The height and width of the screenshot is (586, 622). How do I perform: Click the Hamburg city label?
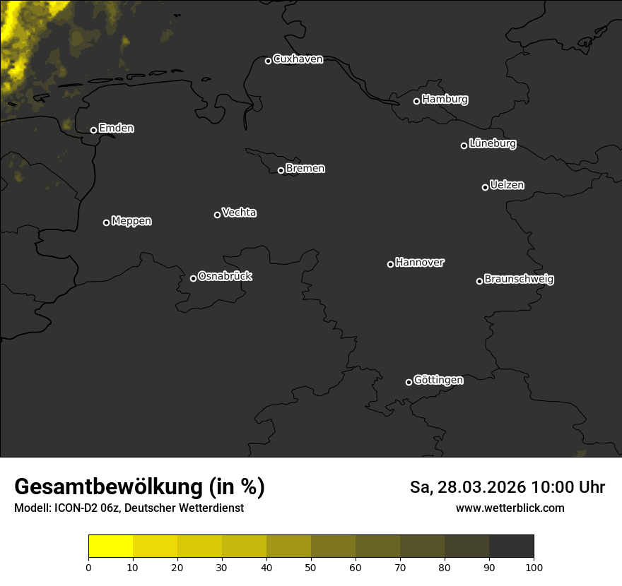pos(445,100)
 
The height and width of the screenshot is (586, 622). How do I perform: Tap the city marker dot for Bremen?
pos(281,170)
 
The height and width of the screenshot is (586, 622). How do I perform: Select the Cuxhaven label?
pos(298,59)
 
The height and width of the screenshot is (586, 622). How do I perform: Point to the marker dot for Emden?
pos(93,130)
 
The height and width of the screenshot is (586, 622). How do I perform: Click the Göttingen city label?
pos(438,381)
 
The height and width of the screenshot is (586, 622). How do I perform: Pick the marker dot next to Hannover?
pos(390,264)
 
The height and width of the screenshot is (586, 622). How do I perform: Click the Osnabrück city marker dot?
pos(193,278)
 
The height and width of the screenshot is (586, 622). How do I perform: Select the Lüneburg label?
pos(492,144)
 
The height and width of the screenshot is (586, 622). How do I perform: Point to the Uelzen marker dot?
pos(485,187)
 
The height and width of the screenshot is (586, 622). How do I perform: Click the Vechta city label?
pos(239,213)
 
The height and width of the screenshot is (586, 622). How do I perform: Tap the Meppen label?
pos(131,221)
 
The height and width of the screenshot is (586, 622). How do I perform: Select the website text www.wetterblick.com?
pos(510,508)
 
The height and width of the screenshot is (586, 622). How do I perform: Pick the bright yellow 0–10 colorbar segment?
pos(111,546)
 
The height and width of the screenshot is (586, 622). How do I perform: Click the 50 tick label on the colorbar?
pos(311,567)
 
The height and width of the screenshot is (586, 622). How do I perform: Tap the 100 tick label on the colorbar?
pos(534,567)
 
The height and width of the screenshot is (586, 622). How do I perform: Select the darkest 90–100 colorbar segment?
pos(511,546)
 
